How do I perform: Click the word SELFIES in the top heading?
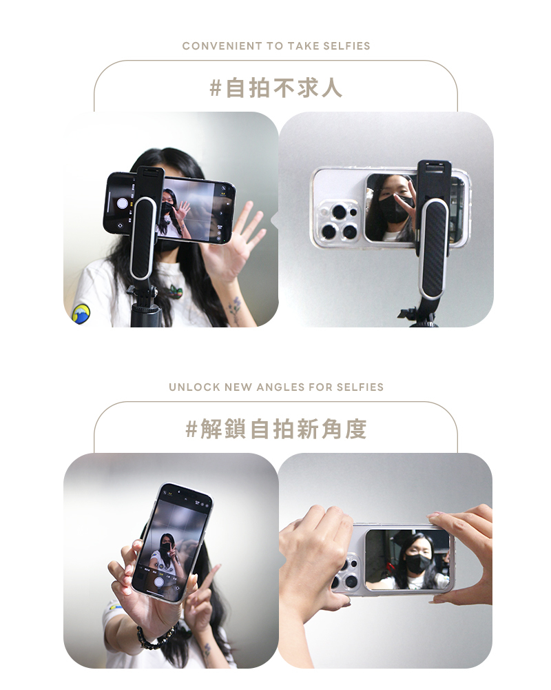(346, 45)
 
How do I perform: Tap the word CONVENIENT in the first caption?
(222, 45)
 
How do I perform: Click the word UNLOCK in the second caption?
(195, 387)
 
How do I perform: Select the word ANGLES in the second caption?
(280, 387)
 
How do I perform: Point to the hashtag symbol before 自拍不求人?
(216, 88)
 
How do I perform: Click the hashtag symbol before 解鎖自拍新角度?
(191, 429)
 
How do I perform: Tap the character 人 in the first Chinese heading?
(331, 88)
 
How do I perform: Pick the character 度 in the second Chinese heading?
(356, 429)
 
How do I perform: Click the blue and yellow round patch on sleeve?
(81, 314)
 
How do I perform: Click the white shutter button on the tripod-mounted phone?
(122, 203)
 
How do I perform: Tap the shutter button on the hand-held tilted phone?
(159, 582)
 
